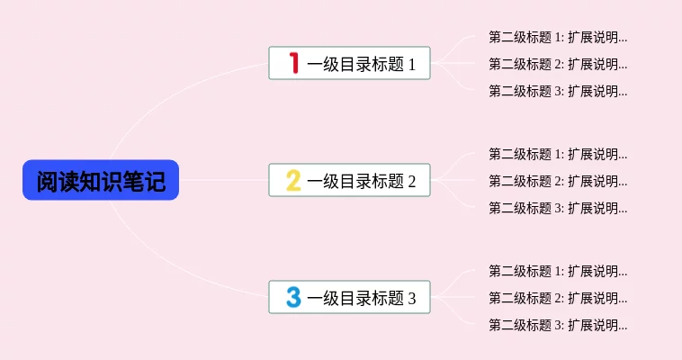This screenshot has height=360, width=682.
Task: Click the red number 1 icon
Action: click(x=292, y=64)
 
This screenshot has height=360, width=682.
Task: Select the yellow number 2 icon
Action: click(x=292, y=181)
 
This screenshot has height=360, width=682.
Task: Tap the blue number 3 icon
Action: click(x=292, y=298)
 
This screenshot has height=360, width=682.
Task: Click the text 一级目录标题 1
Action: click(x=362, y=65)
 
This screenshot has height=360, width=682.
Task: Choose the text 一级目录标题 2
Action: click(x=362, y=182)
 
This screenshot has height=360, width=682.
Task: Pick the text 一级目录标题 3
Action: click(x=362, y=299)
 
